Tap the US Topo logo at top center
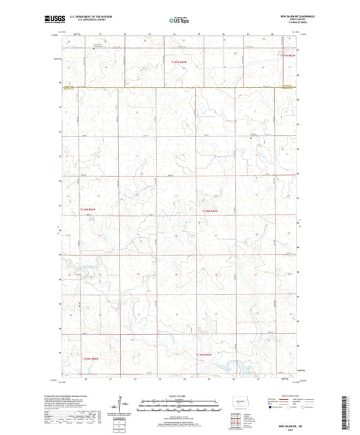(x=179, y=21)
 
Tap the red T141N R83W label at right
(x=288, y=55)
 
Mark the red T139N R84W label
(x=205, y=354)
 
